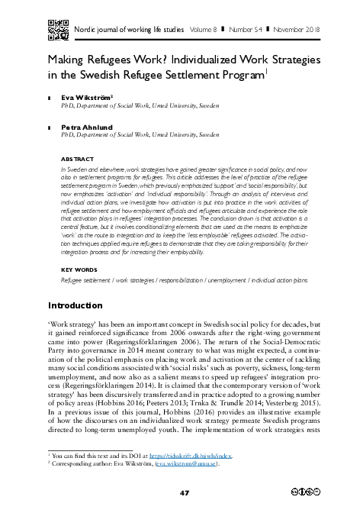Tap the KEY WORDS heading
tap(79, 270)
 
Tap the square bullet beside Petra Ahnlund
tap(49, 127)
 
